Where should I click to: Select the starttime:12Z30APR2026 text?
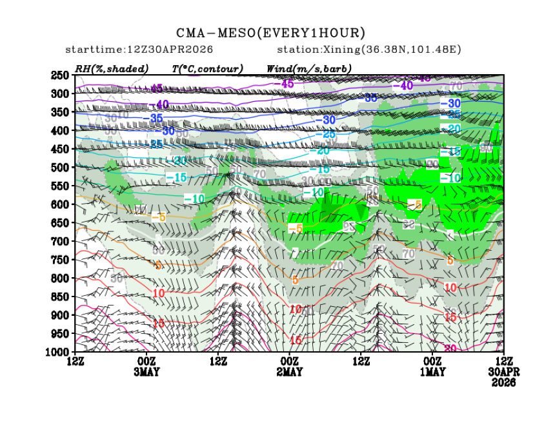(x=139, y=50)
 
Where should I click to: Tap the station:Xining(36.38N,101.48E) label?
(x=368, y=50)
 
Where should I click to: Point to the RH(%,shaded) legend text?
(x=112, y=68)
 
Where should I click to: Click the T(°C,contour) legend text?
(x=207, y=68)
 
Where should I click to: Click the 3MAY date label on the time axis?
(x=146, y=373)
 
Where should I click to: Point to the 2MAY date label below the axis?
(x=289, y=373)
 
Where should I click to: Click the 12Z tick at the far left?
(x=76, y=362)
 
